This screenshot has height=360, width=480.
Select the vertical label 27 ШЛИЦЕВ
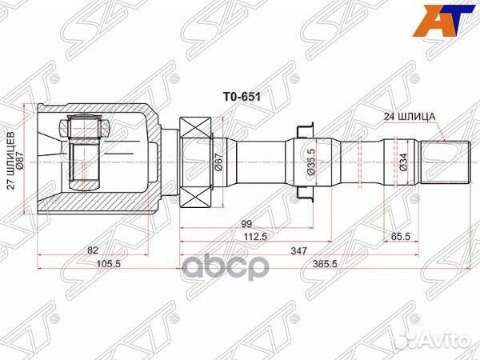(x=10, y=160)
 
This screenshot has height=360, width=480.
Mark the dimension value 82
(x=94, y=251)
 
